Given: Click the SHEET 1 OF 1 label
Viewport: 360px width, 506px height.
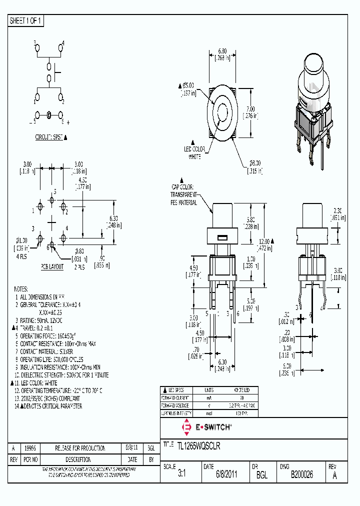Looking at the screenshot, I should [x=26, y=20].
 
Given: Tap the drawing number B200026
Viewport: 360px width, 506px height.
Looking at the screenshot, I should [x=301, y=475].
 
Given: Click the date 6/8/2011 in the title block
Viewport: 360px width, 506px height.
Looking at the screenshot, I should [x=226, y=475].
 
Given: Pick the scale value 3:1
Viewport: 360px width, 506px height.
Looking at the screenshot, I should [x=181, y=475].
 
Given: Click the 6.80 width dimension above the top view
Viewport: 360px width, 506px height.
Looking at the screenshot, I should [x=222, y=51].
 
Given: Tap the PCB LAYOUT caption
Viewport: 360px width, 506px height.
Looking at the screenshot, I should [x=52, y=267].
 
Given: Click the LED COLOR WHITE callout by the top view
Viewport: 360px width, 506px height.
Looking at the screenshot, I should [x=194, y=153].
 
